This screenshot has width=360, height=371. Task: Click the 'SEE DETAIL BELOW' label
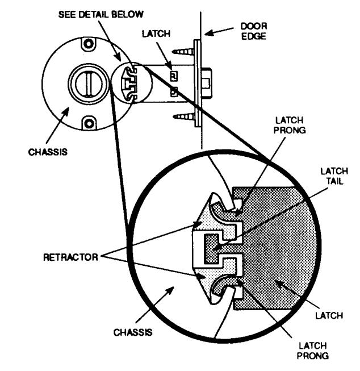[x=101, y=14]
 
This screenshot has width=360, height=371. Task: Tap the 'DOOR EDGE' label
[x=254, y=31]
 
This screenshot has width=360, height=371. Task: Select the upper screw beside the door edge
[x=183, y=51]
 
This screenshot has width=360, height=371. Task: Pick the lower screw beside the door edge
[x=183, y=116]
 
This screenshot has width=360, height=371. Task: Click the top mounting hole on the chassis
[x=89, y=44]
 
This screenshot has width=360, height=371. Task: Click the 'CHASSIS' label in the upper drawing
[x=48, y=152]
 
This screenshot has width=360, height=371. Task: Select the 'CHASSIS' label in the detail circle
[x=133, y=332]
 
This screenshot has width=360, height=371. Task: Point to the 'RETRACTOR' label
[x=70, y=257]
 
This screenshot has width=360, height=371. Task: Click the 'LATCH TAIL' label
[x=334, y=176]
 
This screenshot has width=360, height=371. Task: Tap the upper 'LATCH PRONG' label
[x=290, y=125]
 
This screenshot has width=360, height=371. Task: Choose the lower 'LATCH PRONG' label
[x=313, y=351]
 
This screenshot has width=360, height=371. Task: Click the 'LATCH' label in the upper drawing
[x=156, y=34]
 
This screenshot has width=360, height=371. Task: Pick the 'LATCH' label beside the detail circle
[x=329, y=316]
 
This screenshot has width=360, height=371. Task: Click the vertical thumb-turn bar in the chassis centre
[x=89, y=84]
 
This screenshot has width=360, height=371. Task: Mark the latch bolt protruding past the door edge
[x=207, y=83]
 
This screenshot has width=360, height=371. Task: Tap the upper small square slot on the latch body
[x=174, y=76]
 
